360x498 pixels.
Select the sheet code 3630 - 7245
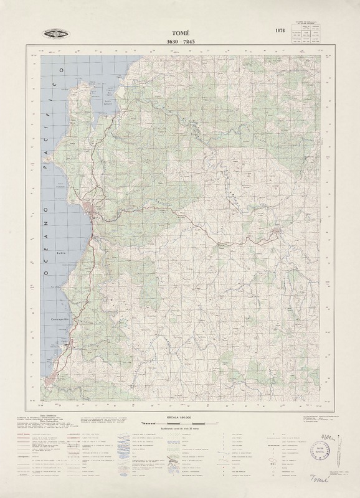pos(180,41)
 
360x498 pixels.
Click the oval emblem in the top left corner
pos(55,34)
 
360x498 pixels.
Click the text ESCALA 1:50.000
pos(179,414)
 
